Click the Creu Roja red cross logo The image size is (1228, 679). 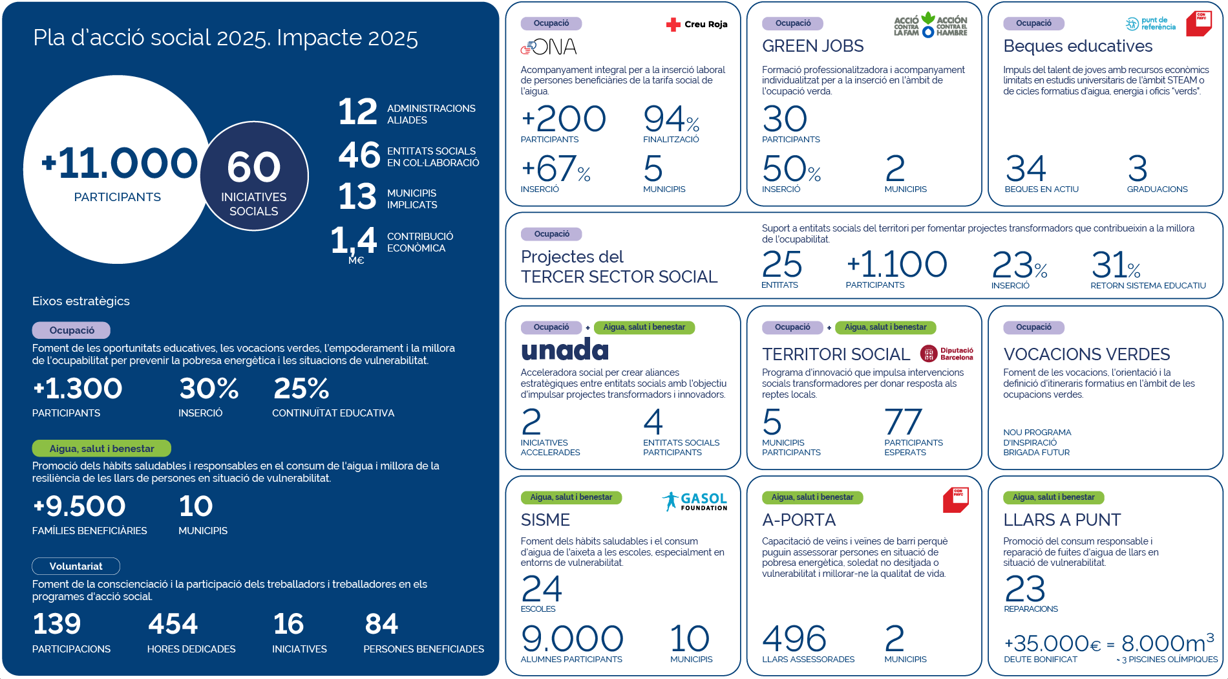[x=697, y=25]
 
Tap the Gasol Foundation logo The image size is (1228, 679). [x=695, y=501]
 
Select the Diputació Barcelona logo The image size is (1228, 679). [x=947, y=353]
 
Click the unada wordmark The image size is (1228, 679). [x=565, y=350]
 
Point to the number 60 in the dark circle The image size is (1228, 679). [x=254, y=167]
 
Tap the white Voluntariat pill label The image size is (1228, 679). [x=76, y=566]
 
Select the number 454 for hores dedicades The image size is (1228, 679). [x=173, y=624]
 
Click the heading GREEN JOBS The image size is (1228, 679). [x=812, y=46]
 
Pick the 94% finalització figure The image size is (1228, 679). [x=672, y=119]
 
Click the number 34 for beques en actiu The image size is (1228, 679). [x=1026, y=169]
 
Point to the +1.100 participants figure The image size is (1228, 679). [x=897, y=264]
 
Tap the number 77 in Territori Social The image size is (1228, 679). [x=903, y=422]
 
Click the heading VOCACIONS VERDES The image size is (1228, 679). [x=1086, y=354]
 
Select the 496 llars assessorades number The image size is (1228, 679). [x=794, y=639]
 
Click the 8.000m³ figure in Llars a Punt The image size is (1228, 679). [x=1168, y=643]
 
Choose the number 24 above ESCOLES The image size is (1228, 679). [x=542, y=588]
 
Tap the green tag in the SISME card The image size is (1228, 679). [x=571, y=497]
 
